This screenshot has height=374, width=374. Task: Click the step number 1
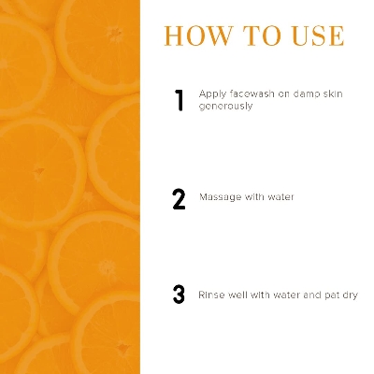point(180,101)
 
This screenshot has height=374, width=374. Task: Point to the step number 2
point(180,198)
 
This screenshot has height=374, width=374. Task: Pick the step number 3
point(180,295)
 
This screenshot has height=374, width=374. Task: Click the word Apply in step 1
point(210,94)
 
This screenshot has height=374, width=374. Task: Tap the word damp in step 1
point(300,93)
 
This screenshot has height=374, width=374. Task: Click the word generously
point(225,107)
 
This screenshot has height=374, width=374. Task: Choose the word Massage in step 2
point(218,197)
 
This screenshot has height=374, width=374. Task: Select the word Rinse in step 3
point(210,295)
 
